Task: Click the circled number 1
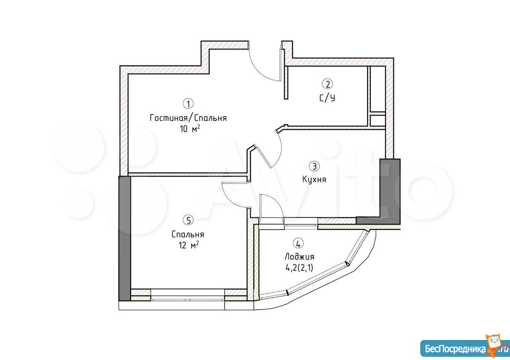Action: [188, 104]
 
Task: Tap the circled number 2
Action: [328, 84]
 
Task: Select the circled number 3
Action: [314, 166]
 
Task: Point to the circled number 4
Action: [299, 244]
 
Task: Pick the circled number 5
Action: [188, 220]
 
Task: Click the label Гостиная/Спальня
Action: [188, 118]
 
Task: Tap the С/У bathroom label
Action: [328, 98]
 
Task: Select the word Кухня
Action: [314, 179]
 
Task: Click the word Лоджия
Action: [299, 257]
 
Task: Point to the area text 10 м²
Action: [190, 129]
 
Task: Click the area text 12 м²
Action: [189, 245]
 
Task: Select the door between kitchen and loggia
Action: [271, 206]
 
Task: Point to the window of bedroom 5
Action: [188, 295]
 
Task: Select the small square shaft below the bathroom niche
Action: [377, 120]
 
